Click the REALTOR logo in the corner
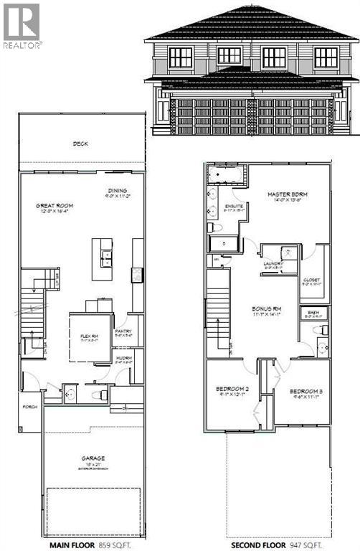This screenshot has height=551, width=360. coord(22,25)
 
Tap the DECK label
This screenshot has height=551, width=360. coord(80,143)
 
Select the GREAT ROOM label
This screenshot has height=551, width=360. coord(55,206)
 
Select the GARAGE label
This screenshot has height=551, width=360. coord(93,458)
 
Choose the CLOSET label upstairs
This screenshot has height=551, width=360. coord(311,280)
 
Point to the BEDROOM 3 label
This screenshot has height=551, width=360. coord(305,391)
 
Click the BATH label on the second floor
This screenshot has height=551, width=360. coord(313,313)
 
